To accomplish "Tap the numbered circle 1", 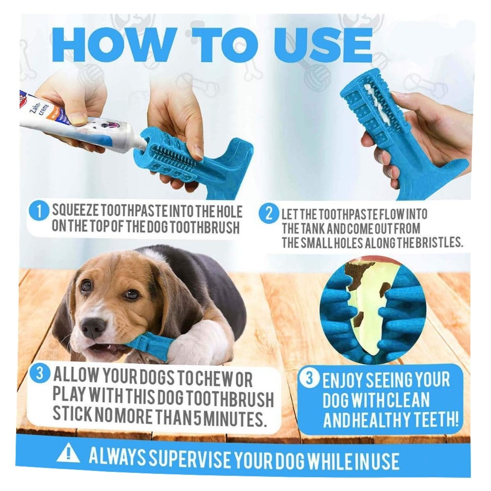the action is click(x=39, y=212).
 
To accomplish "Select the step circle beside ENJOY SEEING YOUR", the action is click(x=309, y=378).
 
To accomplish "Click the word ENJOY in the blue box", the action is click(x=342, y=380).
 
